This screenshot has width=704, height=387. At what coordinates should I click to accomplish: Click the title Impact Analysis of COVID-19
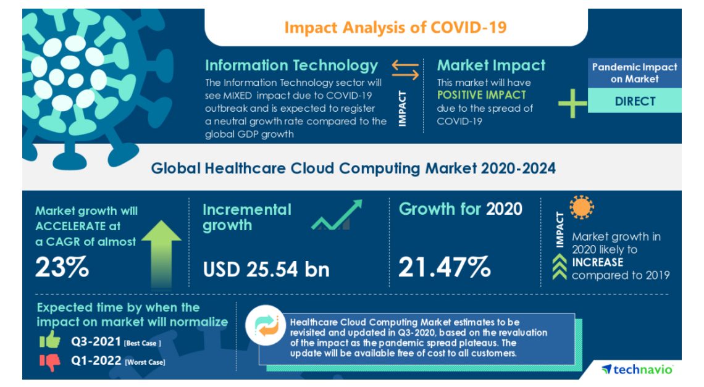click(x=395, y=28)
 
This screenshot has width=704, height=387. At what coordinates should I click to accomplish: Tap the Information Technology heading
click(x=291, y=65)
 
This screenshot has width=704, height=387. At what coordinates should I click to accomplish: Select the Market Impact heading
click(x=491, y=65)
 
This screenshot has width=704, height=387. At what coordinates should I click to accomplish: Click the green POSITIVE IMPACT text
click(x=482, y=95)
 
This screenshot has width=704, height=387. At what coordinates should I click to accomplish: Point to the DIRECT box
click(x=634, y=101)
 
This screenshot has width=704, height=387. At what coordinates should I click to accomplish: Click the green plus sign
click(x=572, y=102)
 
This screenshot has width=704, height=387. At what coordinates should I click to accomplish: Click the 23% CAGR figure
click(x=62, y=267)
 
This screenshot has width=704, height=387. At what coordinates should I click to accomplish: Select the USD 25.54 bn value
click(x=266, y=269)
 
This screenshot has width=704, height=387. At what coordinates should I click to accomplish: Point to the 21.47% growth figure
click(x=444, y=267)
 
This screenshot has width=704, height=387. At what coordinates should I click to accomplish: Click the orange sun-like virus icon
click(x=581, y=208)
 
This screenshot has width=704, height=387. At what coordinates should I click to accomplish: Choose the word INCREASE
click(x=597, y=262)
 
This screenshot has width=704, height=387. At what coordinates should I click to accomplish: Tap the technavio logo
click(x=637, y=369)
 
